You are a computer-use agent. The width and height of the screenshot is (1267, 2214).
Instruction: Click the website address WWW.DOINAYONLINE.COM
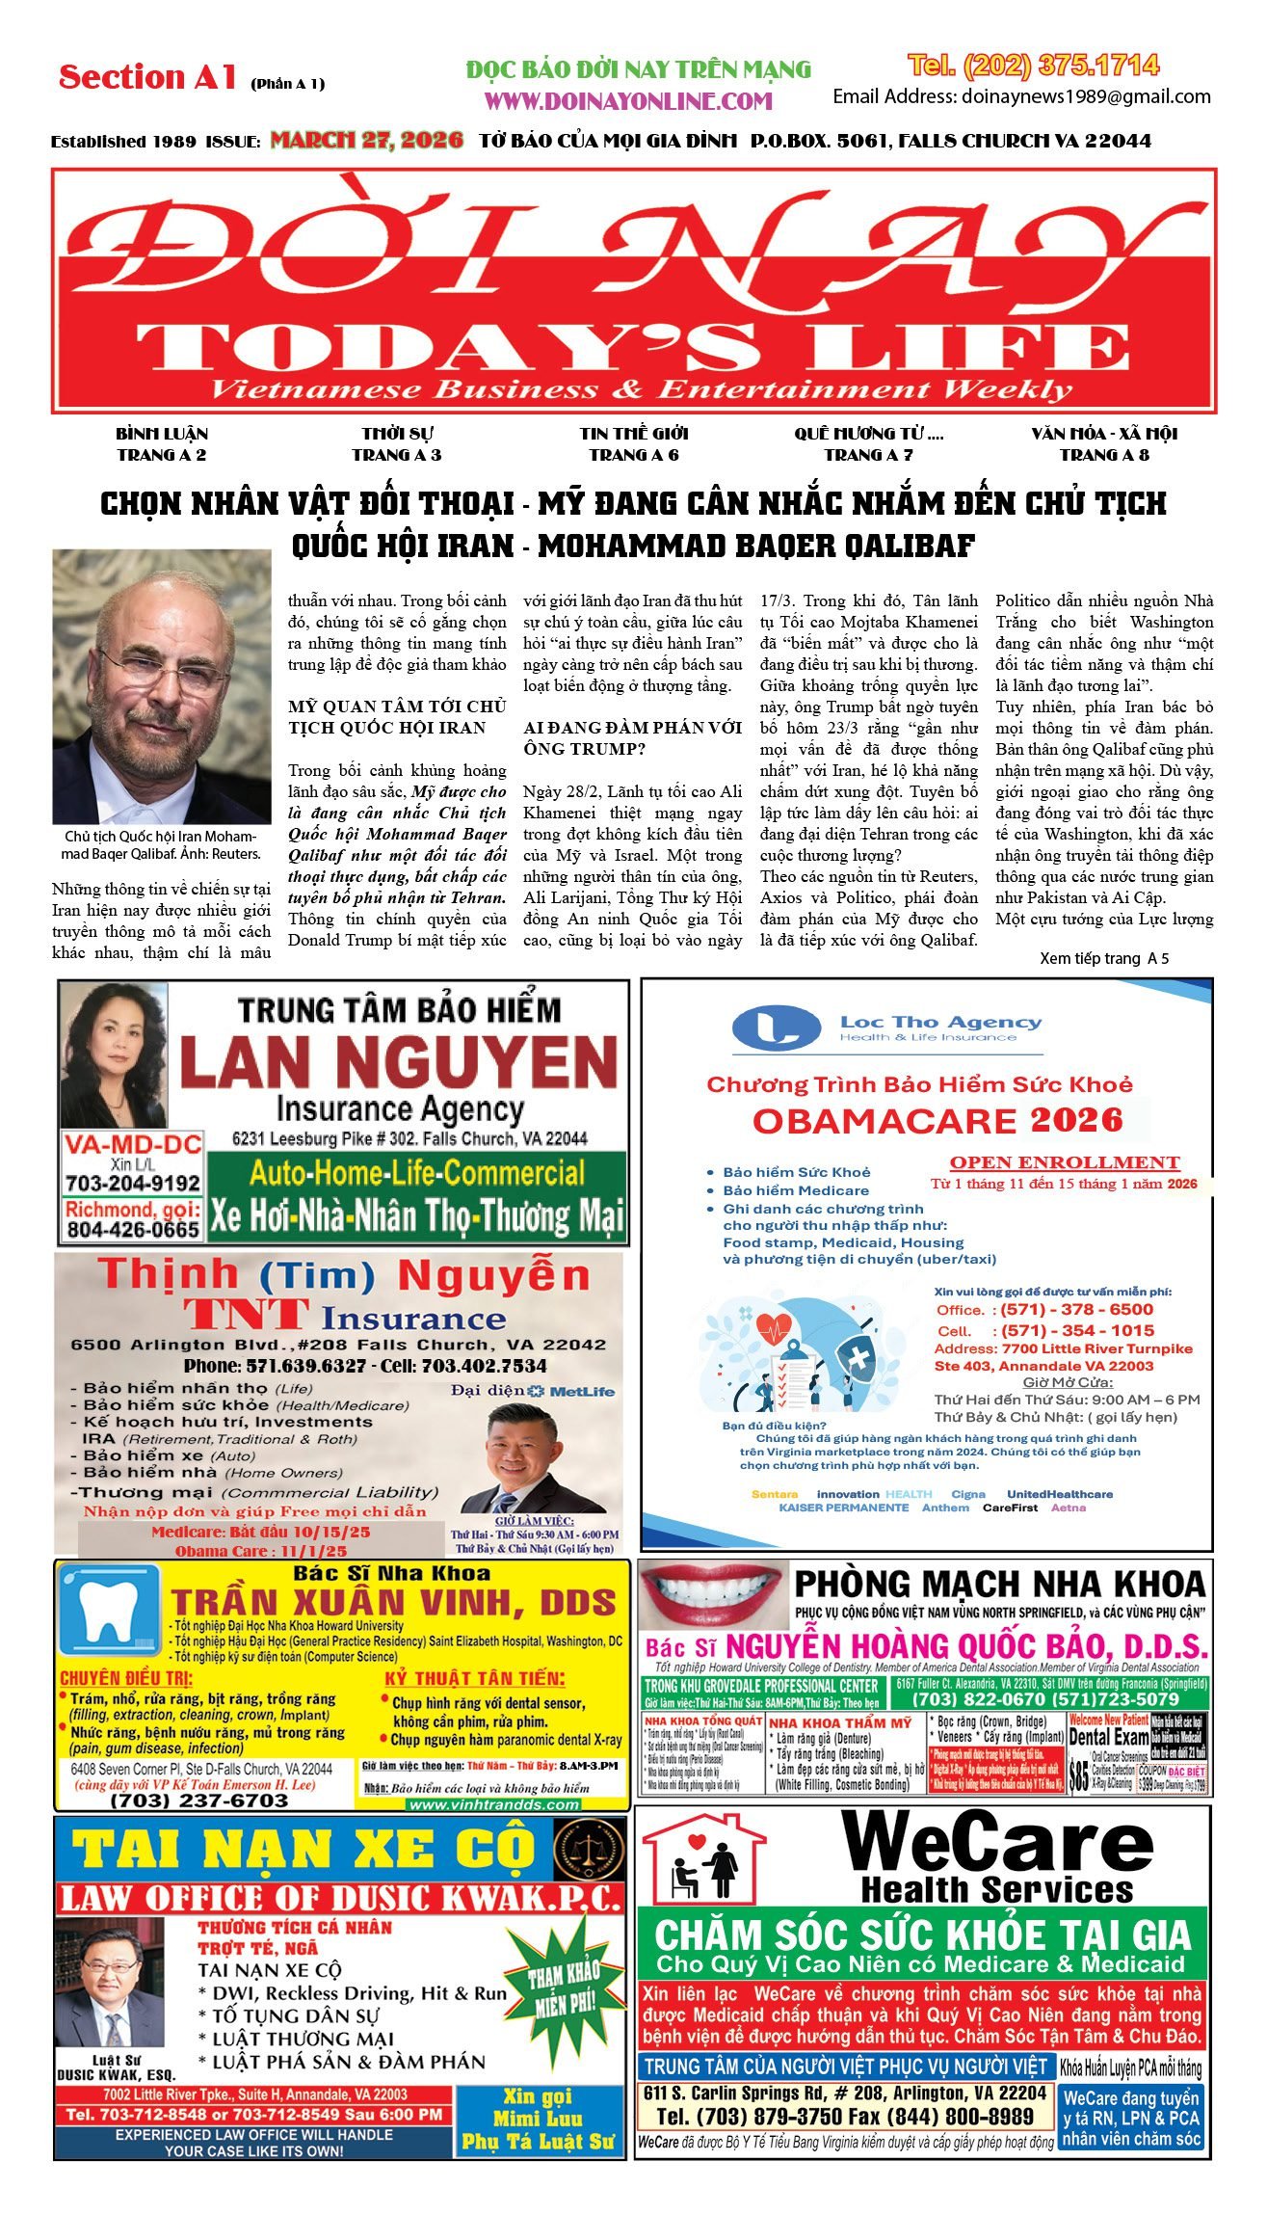point(628,100)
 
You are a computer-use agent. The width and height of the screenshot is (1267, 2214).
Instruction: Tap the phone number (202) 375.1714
point(1033,66)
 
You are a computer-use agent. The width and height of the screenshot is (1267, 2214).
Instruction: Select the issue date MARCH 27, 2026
point(366,141)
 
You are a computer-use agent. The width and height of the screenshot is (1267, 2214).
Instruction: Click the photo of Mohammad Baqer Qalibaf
point(161,685)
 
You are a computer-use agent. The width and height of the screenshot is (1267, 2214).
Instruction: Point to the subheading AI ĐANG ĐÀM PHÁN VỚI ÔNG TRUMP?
point(632,737)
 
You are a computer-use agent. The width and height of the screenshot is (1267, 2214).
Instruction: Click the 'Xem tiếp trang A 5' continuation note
point(1103,958)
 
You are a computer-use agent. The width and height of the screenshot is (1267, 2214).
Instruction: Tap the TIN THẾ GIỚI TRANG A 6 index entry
point(633,444)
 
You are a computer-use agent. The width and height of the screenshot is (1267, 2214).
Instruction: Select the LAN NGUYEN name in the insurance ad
point(398,1061)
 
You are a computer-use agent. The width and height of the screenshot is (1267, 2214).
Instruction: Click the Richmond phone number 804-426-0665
point(133,1229)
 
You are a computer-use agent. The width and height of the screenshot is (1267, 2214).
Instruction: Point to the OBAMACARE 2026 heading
point(937,1120)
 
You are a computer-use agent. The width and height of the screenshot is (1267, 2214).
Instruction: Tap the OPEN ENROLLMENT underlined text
point(1064,1162)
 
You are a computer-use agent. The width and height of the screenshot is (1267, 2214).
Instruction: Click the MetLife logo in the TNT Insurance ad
point(570,1391)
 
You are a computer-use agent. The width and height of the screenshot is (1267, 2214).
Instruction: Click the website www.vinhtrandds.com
point(494,1803)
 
